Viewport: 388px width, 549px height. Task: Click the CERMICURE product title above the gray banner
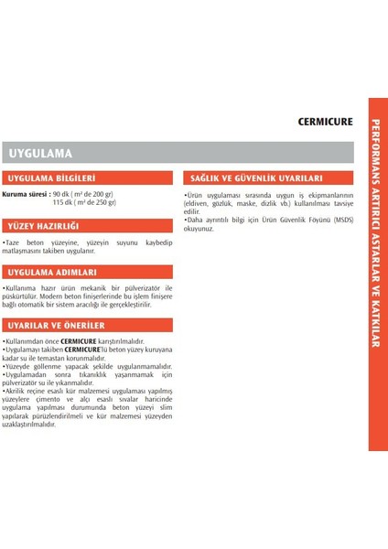[x=325, y=121]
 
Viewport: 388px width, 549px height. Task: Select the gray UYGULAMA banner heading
[x=40, y=153]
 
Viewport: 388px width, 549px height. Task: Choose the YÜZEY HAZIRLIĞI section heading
[x=44, y=225]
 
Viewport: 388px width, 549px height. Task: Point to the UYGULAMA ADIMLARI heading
[x=51, y=273]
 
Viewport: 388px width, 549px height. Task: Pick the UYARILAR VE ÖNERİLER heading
[x=56, y=325]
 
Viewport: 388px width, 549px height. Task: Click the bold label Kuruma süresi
[x=24, y=194]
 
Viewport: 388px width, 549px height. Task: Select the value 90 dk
[x=62, y=194]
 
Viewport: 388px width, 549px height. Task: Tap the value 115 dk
[x=63, y=202]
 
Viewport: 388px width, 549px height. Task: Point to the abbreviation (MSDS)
[x=342, y=221]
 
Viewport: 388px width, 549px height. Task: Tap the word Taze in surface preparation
[x=14, y=242]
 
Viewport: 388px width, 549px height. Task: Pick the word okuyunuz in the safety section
[x=199, y=229]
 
